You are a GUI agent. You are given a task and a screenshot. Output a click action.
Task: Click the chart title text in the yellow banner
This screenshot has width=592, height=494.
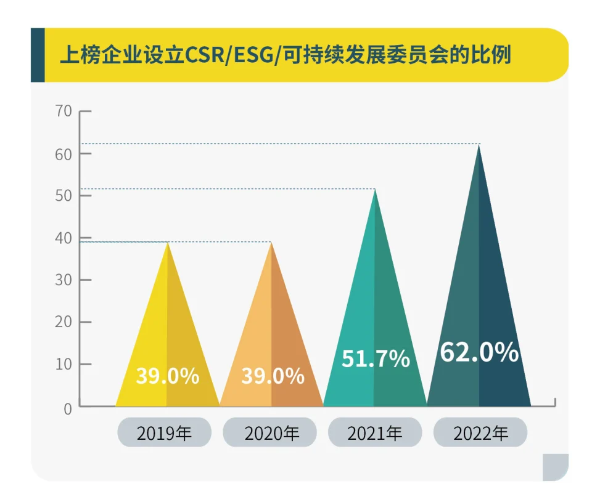(285, 56)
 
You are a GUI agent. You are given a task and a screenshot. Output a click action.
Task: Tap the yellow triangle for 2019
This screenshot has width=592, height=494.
(167, 345)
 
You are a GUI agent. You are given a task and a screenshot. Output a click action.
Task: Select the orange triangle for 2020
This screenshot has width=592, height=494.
(271, 345)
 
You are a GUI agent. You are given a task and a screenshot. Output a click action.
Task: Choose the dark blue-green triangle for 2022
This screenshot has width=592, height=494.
(479, 308)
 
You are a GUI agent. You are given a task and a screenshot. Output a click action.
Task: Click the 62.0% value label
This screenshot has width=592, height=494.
(479, 352)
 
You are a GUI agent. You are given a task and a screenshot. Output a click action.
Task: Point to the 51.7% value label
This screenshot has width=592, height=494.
(376, 358)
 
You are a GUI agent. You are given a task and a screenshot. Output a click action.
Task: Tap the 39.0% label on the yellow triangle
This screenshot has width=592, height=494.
(167, 376)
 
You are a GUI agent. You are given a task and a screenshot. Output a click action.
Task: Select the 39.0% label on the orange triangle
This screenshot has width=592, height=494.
(272, 376)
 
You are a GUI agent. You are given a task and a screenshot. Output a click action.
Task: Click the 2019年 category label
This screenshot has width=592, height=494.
(164, 433)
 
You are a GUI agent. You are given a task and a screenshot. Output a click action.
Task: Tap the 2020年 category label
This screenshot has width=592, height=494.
(269, 433)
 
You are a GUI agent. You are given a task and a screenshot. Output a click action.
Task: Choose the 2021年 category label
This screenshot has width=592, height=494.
(374, 433)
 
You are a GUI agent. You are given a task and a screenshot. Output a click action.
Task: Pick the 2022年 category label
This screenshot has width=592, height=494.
(480, 433)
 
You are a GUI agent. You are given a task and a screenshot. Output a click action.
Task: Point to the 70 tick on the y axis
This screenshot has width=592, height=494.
(64, 111)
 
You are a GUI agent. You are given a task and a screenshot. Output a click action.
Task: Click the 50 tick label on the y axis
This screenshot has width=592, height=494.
(64, 196)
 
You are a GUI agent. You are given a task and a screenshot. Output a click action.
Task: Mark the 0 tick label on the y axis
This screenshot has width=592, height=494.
(67, 407)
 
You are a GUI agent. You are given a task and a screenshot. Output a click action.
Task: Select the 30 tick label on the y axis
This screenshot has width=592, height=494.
(64, 280)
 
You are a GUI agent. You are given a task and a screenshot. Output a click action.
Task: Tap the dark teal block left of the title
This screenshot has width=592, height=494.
(38, 55)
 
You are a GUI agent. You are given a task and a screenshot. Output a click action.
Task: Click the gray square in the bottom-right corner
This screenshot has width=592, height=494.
(555, 467)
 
